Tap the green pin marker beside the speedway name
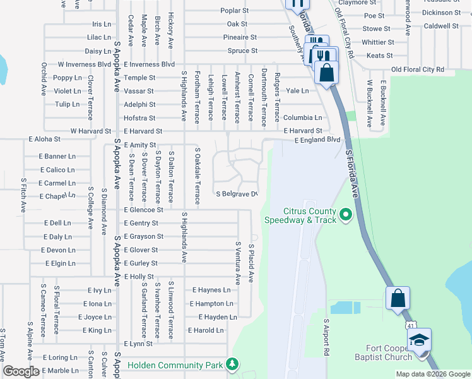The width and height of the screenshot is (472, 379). [345, 215]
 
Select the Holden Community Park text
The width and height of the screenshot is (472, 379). [175, 365]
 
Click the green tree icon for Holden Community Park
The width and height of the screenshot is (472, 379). [233, 365]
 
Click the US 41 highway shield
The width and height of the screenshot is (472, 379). [410, 324]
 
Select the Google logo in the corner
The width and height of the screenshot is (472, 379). [21, 371]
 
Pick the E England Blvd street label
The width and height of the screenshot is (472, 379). [317, 140]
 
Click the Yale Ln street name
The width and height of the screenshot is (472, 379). [297, 91]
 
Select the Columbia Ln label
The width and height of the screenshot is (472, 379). [302, 117]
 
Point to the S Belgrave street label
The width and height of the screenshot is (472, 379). [237, 194]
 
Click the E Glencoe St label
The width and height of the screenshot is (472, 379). [143, 210]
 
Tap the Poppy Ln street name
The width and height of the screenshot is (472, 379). [68, 78]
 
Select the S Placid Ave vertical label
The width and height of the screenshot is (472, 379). [251, 263]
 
